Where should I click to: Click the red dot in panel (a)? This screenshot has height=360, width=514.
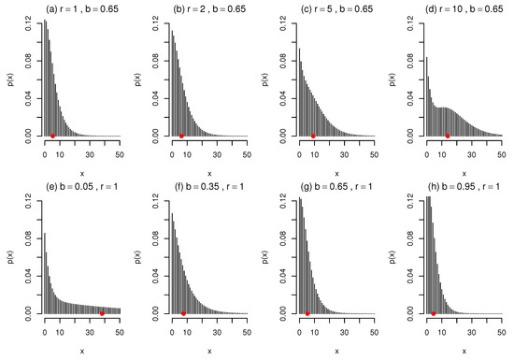point(53,137)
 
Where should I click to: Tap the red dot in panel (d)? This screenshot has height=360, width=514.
point(448,137)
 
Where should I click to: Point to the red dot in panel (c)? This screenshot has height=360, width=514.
point(313,137)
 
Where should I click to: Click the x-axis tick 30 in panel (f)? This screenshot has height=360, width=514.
point(216,327)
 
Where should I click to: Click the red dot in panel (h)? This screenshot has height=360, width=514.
point(434,313)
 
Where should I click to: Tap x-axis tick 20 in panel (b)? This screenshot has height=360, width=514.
point(201,151)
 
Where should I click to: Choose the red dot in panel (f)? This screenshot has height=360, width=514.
point(184,313)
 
